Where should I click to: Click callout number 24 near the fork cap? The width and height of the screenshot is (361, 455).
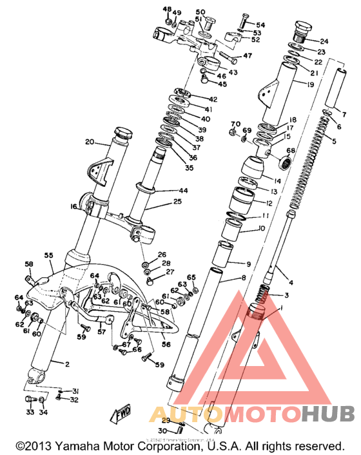[324, 41]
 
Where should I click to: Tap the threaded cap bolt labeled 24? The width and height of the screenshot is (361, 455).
[301, 30]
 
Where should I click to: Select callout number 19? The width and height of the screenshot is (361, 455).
[310, 84]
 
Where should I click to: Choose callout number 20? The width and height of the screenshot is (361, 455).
[90, 142]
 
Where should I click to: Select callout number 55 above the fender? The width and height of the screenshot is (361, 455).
[48, 256]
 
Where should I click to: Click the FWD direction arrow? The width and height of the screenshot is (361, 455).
[123, 412]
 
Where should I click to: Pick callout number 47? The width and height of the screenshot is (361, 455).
[247, 55]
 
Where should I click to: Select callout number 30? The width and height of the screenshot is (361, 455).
[163, 431]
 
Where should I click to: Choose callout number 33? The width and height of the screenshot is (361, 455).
[30, 412]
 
